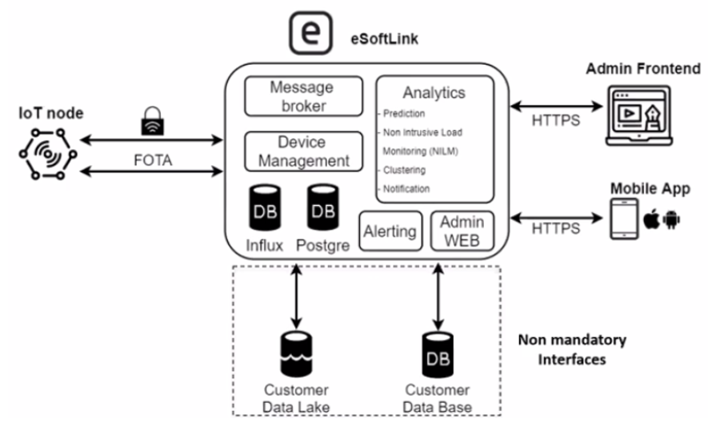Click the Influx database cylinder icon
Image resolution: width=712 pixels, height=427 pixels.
click(266, 209)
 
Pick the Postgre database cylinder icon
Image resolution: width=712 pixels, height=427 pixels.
click(323, 209)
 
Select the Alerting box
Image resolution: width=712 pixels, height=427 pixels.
click(390, 231)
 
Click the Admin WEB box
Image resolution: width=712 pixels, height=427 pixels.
click(462, 231)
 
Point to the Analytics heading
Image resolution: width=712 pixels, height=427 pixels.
click(434, 93)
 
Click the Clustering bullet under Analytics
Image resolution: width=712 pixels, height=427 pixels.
click(404, 170)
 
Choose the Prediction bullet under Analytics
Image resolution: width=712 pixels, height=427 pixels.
click(404, 114)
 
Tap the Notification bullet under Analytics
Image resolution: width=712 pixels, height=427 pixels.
click(406, 189)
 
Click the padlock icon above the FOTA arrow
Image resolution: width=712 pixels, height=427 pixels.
click(153, 122)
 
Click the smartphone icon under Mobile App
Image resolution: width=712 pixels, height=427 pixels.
click(623, 219)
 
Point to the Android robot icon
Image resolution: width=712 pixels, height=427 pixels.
click(671, 220)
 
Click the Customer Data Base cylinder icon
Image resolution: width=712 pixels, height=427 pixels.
click(437, 353)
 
